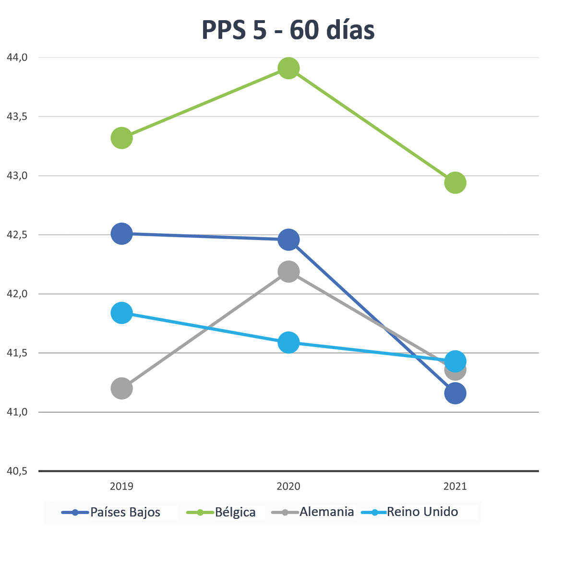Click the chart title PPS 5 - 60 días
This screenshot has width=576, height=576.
(x=288, y=30)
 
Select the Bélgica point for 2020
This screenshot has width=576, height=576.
(x=288, y=69)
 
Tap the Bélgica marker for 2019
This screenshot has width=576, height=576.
(x=122, y=138)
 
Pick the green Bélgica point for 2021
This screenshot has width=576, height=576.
(x=455, y=182)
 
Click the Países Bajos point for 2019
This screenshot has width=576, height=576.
(x=122, y=234)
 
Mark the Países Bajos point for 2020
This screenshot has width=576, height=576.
(x=288, y=240)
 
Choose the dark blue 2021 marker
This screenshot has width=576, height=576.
(x=455, y=394)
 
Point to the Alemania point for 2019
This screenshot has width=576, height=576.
(x=122, y=388)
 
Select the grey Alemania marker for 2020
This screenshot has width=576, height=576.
(x=288, y=272)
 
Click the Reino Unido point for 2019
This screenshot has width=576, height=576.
(x=122, y=313)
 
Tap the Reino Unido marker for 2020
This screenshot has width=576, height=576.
(x=288, y=343)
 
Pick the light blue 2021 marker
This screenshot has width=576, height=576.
(x=455, y=361)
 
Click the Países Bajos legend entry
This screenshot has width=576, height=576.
(x=112, y=512)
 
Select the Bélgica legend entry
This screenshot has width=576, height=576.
(x=222, y=512)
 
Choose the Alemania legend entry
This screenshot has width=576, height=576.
(x=313, y=512)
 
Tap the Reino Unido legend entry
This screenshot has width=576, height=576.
(x=410, y=512)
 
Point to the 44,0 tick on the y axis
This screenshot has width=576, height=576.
(x=17, y=58)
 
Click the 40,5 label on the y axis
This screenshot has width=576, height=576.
(x=17, y=471)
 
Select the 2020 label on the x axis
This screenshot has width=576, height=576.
(x=288, y=486)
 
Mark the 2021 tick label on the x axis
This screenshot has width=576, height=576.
(x=455, y=486)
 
